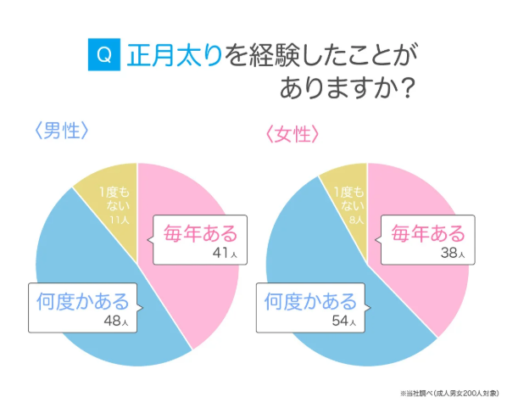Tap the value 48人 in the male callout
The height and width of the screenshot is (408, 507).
click(x=116, y=321)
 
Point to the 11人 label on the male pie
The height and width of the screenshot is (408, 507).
click(x=119, y=220)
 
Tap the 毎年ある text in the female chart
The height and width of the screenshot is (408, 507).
click(x=426, y=232)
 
